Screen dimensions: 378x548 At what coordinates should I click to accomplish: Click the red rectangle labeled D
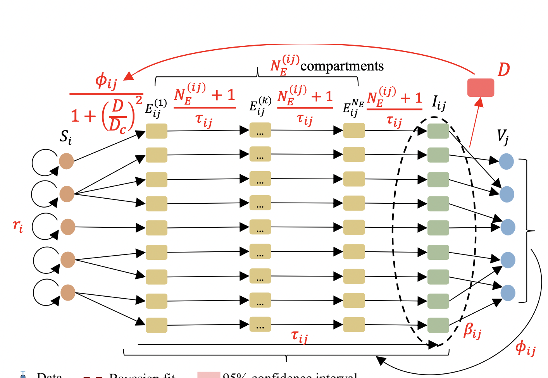coord(481,88)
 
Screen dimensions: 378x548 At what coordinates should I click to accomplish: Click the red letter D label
coord(503,70)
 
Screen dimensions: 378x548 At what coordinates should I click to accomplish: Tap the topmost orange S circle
coord(66,161)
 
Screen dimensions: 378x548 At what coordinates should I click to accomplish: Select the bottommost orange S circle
coord(68,293)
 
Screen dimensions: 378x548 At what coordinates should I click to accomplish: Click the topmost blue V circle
coord(506,162)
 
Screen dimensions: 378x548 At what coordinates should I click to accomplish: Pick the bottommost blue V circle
coord(508,293)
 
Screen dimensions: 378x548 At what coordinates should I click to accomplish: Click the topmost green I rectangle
coord(438,131)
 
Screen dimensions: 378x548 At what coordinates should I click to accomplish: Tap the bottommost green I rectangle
coord(438,325)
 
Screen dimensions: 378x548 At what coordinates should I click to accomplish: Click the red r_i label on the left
coord(18,225)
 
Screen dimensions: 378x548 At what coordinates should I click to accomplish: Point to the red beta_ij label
coord(472,331)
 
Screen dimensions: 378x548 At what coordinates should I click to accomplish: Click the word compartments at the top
coord(342,66)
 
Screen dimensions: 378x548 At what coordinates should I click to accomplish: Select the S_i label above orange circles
coord(65,137)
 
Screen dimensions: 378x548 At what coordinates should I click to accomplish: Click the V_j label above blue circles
coord(503,136)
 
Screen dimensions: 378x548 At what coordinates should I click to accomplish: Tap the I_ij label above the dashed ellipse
coord(439,103)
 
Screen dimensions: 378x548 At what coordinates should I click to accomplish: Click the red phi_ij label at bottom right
coord(525,347)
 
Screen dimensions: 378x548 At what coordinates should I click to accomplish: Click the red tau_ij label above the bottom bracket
coord(299,336)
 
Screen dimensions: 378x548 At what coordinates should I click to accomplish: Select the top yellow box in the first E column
coord(157,131)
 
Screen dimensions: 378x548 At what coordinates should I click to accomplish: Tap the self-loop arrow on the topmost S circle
coord(44,162)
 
